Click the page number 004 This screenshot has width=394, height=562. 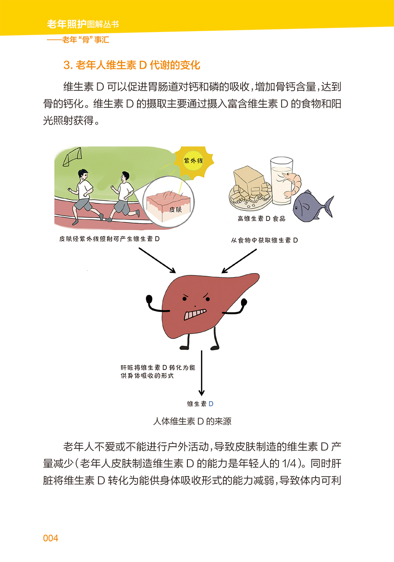click(51, 538)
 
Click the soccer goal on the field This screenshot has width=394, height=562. click(72, 157)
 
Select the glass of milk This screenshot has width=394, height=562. click(281, 181)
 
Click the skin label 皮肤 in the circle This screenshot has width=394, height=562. click(176, 210)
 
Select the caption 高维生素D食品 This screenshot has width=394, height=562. click(261, 219)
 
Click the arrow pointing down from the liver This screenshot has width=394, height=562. click(201, 373)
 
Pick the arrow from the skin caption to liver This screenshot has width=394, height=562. click(157, 260)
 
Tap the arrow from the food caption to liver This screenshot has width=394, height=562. click(239, 261)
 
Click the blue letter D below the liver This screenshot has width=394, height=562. click(211, 404)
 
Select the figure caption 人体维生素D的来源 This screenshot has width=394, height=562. click(192, 421)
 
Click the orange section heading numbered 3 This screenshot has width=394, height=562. click(132, 65)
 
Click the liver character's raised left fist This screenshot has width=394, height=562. click(149, 299)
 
